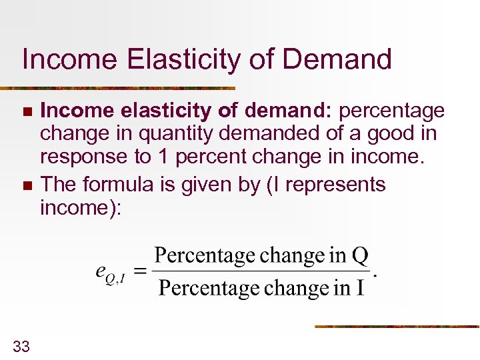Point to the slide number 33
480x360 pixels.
pyautogui.click(x=21, y=345)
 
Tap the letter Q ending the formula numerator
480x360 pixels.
pyautogui.click(x=360, y=256)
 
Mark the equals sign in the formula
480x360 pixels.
pyautogui.click(x=140, y=271)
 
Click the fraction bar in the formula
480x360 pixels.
pyautogui.click(x=260, y=272)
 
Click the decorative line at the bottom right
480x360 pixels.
pyautogui.click(x=397, y=327)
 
